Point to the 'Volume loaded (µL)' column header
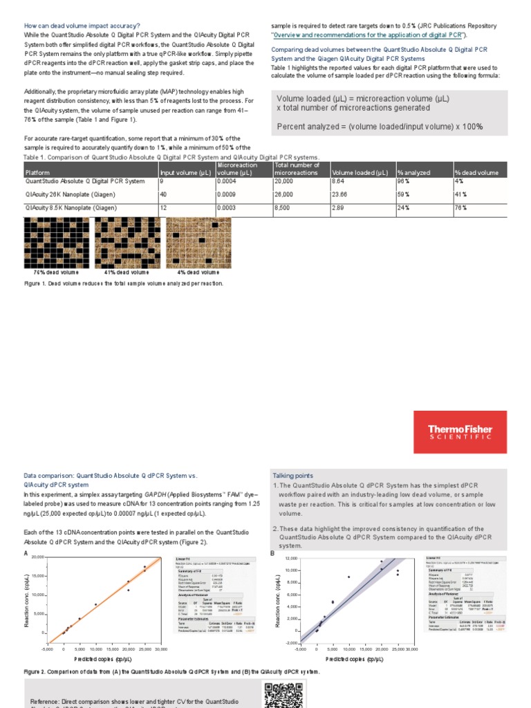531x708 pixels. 360,173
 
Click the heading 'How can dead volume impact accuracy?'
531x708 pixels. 82,26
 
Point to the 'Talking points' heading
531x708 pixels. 292,476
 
